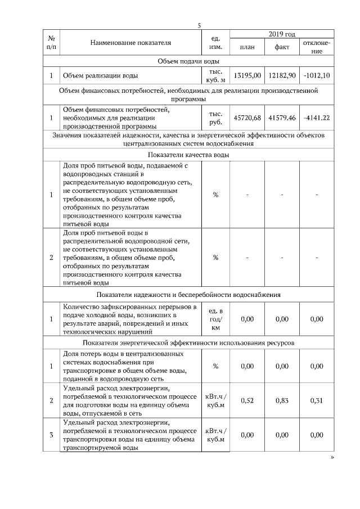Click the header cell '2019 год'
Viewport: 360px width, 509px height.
(x=282, y=35)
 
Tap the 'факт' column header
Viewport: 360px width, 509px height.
(x=282, y=47)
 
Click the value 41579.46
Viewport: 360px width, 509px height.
(x=282, y=118)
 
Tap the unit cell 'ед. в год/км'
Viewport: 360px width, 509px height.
(x=215, y=319)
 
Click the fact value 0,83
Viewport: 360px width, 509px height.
(x=282, y=400)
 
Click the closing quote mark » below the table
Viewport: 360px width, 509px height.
(x=332, y=458)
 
